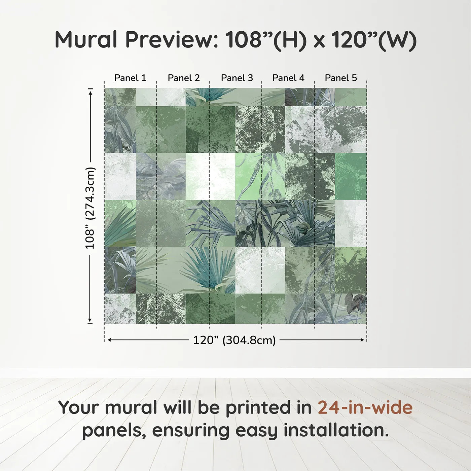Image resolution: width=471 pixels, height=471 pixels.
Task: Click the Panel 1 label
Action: point(130,78)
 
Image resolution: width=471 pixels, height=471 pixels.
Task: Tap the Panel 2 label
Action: point(184,78)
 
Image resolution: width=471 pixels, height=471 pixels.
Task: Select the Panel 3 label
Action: point(237,78)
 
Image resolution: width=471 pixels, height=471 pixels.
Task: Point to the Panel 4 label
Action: point(288,78)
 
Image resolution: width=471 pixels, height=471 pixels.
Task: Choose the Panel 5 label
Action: point(341,78)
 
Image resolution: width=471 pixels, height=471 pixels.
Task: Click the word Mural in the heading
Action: point(86,40)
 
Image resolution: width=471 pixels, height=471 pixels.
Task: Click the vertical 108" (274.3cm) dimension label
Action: point(90,208)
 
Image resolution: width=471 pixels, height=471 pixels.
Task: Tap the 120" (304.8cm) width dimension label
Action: point(234,340)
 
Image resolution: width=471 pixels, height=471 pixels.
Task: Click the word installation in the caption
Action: point(336,430)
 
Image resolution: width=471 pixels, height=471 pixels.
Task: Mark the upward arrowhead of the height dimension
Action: point(91,93)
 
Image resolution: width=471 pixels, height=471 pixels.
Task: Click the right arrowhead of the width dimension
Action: point(362,340)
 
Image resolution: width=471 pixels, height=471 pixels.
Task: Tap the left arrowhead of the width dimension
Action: point(110,340)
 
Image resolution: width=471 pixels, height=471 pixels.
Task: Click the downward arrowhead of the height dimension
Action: point(90,320)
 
